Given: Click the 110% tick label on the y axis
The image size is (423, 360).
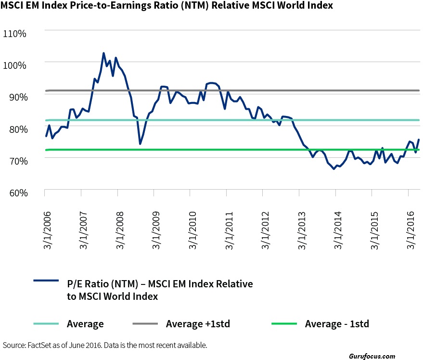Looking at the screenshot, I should click(16, 34).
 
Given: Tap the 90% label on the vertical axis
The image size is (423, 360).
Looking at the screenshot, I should click(18, 97).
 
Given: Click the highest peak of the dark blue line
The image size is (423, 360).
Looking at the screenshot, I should click(103, 53).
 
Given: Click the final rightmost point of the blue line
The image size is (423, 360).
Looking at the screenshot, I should click(419, 140).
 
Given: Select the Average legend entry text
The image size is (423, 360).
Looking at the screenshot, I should click(85, 324).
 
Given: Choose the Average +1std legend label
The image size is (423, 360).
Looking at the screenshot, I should click(198, 324).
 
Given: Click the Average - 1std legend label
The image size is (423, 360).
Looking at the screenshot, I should click(337, 324).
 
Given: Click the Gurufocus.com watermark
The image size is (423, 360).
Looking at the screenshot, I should click(372, 357).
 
